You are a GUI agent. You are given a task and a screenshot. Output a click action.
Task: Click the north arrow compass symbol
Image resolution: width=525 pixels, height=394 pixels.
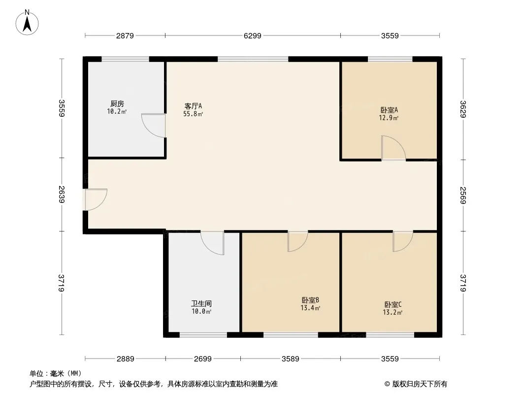(x=27, y=23)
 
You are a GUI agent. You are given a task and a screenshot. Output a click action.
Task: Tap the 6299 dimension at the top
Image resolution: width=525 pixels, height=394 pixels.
(x=253, y=35)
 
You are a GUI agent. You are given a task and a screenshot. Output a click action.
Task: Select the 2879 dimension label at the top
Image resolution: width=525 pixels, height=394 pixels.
(x=125, y=35)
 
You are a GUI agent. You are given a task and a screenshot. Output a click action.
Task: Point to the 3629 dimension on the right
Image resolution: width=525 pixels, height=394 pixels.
(x=463, y=109)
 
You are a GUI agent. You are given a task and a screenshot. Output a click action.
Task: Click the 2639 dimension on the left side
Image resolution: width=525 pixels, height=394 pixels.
(x=61, y=195)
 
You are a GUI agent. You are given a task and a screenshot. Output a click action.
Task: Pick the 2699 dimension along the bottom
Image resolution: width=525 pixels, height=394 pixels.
(x=203, y=359)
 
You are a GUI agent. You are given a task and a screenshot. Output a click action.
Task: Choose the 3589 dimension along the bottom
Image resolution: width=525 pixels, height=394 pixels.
(x=290, y=359)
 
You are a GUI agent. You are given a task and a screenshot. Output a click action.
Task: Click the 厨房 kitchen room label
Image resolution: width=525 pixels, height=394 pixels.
(x=117, y=104)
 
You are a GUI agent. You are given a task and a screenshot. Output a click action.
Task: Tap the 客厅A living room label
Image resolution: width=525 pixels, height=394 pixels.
(x=193, y=106)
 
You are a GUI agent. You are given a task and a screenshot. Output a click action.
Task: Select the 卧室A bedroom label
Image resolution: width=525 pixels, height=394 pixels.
(x=389, y=110)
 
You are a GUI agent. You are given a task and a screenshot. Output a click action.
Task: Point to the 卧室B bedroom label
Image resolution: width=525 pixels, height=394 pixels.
(x=310, y=300)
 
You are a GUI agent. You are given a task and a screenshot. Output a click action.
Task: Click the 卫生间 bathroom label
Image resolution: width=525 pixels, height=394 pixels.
(x=201, y=303)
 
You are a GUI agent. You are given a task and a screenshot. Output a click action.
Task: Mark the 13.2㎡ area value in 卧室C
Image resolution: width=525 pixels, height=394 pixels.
(x=393, y=312)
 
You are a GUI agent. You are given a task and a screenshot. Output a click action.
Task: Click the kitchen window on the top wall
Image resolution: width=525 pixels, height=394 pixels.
(x=125, y=59)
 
